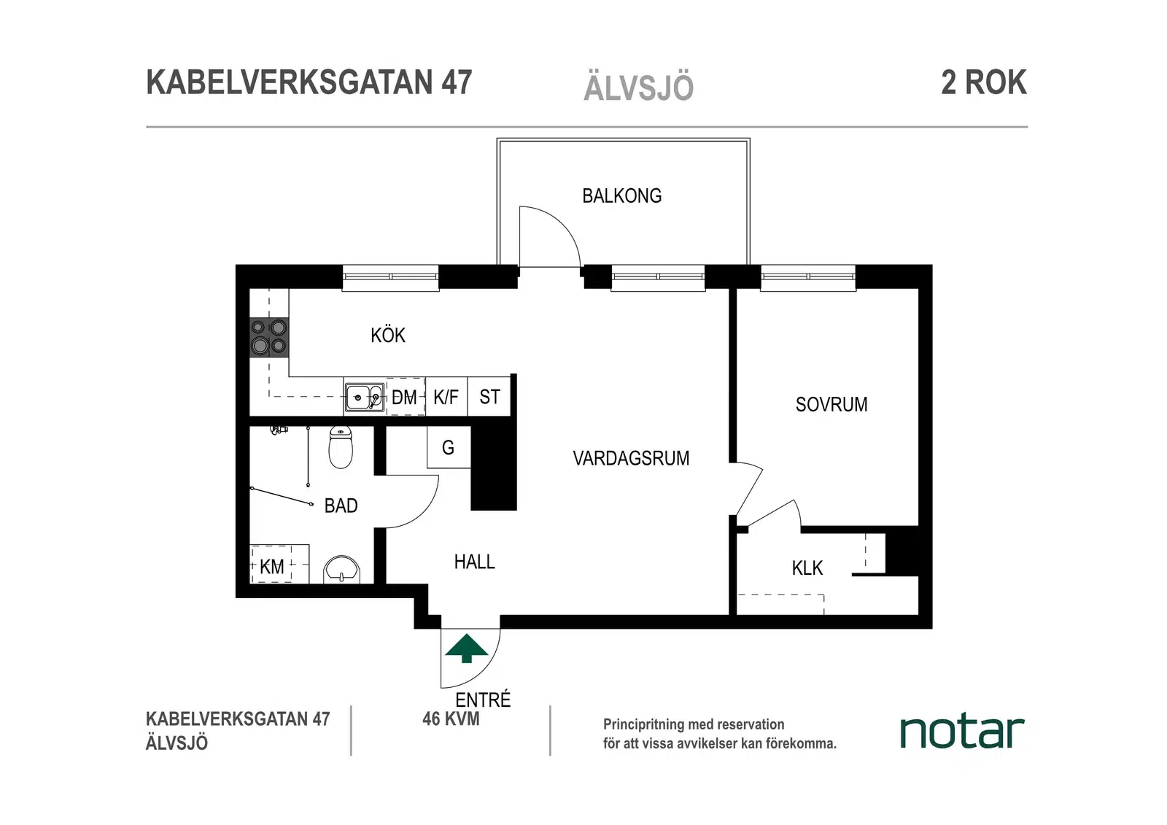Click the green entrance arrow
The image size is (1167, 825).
(x=466, y=648)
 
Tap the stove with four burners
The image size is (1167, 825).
(x=269, y=337)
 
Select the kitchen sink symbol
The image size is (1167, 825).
(x=365, y=398)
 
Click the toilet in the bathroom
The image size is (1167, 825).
(x=341, y=446)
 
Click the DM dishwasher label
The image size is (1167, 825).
(x=404, y=398)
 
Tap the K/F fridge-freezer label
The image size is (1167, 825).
(x=446, y=397)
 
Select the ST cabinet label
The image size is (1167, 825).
(x=489, y=397)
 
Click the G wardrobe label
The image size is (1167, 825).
(x=448, y=448)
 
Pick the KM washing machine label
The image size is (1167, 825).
(x=272, y=567)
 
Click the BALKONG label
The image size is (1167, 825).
(x=622, y=196)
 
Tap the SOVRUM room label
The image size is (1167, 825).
(x=831, y=404)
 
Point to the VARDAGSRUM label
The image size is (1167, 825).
(x=631, y=458)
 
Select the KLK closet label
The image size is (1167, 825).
(x=807, y=568)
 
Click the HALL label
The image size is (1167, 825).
(x=475, y=562)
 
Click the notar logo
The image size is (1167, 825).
(x=962, y=732)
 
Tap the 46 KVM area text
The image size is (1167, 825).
(x=451, y=719)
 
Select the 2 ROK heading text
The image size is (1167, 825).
(x=984, y=82)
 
